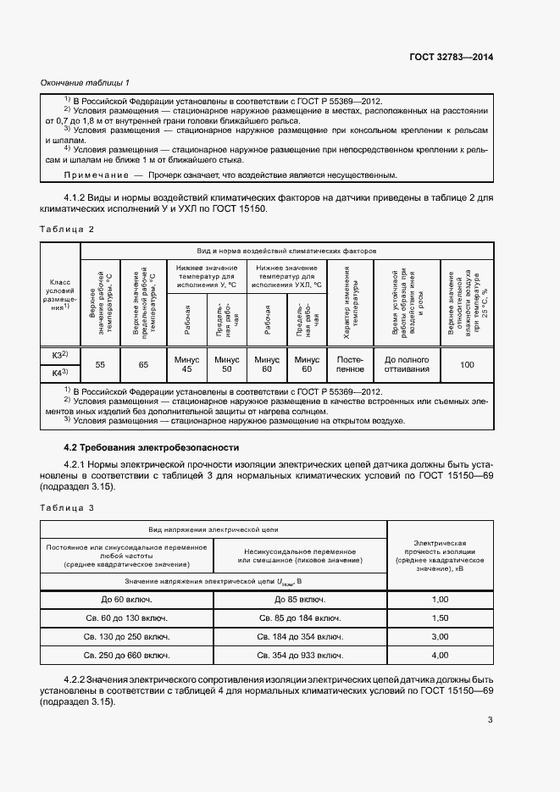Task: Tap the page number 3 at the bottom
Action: point(491,721)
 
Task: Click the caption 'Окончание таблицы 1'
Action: point(85,83)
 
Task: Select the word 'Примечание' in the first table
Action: point(94,174)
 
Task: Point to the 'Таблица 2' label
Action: point(67,230)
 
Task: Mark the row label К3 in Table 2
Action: point(60,354)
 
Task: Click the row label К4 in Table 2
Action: point(60,373)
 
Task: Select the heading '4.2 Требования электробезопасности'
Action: point(152,446)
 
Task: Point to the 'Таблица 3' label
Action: point(67,507)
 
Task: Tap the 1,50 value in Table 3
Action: point(440,618)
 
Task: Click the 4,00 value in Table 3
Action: point(440,656)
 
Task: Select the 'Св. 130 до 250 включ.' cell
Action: point(127,637)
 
